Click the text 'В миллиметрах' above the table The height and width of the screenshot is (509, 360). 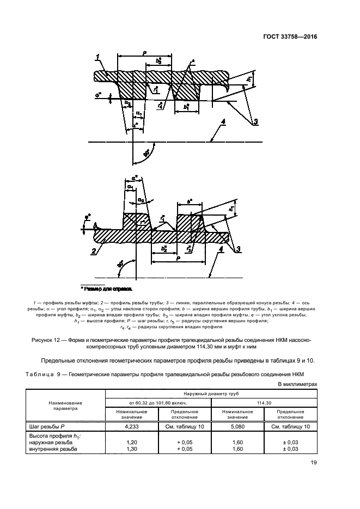point(297,383)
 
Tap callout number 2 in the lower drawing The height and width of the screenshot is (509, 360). point(94,251)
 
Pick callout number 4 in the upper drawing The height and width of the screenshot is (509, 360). point(222,128)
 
